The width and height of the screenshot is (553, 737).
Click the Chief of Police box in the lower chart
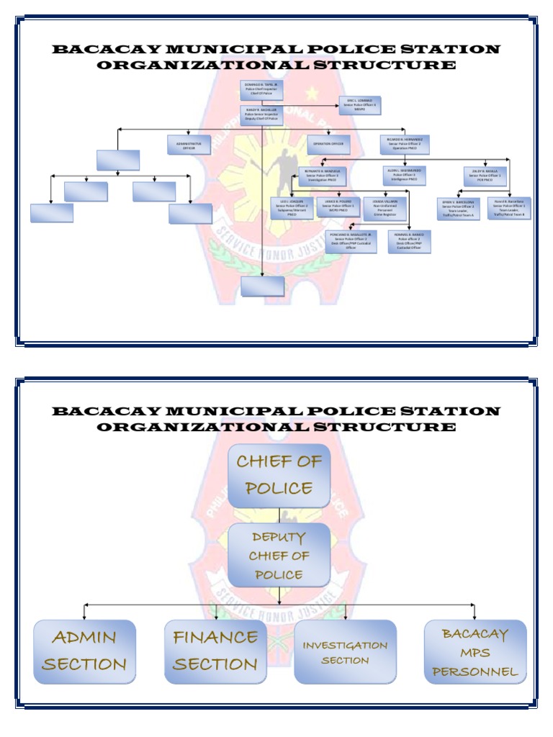coord(279,475)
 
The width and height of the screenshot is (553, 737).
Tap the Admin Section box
coord(84,651)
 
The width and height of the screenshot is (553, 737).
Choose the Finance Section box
coord(215,651)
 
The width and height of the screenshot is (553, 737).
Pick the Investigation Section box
coord(345,651)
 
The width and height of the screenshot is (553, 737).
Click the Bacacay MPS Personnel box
coord(475,652)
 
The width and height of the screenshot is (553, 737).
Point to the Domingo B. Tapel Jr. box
coord(261,90)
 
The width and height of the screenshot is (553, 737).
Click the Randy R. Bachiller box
coord(261,115)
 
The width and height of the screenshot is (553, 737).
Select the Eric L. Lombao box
coord(360,106)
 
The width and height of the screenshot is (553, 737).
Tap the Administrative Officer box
coord(189,145)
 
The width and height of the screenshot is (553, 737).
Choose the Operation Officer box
coord(328,145)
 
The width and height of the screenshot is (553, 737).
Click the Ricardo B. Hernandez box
coord(405,144)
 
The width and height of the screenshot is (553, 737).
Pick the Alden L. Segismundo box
coord(404,176)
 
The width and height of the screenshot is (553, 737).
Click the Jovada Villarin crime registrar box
coord(385,207)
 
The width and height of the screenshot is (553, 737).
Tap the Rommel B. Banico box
coord(409,241)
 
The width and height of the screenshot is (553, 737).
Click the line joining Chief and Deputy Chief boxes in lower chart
coord(279,515)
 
